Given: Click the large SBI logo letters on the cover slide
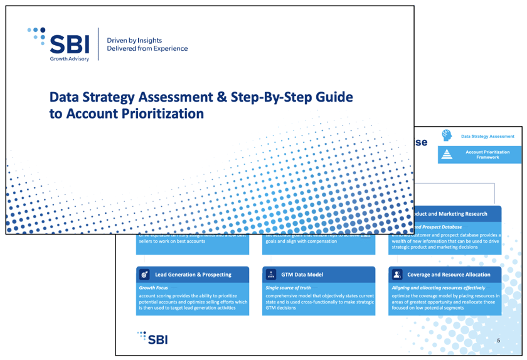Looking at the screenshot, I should pos(69,43).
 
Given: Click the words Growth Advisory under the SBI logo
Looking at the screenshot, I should pos(69,59).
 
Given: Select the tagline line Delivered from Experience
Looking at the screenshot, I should pos(147,48).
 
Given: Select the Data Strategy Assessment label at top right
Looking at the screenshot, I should pos(487,136).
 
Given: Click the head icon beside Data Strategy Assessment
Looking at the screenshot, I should pos(447,135).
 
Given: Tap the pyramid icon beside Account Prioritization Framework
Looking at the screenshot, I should pos(447,154).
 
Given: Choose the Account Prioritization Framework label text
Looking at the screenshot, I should pos(487,154).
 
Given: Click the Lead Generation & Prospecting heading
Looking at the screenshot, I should pos(193,275).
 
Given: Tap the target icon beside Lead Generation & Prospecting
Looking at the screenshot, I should pos(145,275).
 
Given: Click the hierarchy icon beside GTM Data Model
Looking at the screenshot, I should pos(271,275).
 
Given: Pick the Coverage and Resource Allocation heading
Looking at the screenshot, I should pos(448,275).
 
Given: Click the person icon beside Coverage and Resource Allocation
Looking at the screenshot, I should pos(397,275).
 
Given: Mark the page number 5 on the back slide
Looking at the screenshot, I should pos(498,340).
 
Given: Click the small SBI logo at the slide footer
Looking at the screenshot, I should pos(152,339).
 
